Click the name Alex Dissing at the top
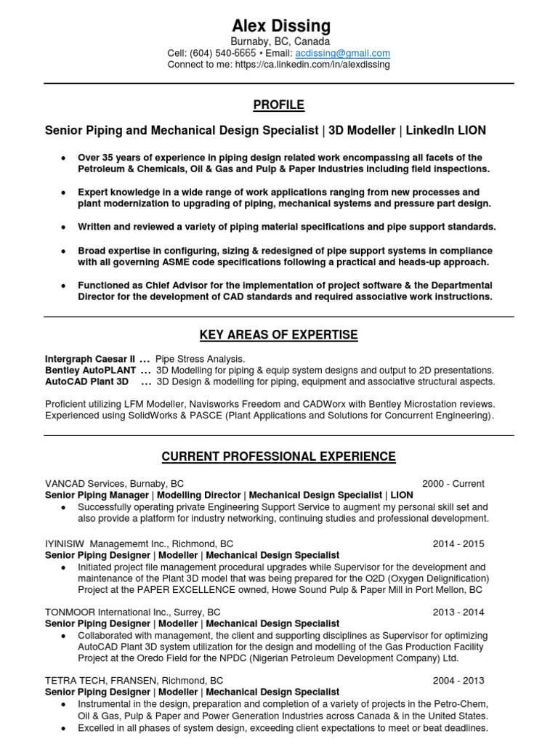coord(280,26)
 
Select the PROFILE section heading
coord(278,105)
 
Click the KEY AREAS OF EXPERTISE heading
coord(278,335)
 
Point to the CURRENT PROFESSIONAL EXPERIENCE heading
coord(278,457)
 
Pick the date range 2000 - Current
coord(453,484)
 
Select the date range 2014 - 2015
coord(458,543)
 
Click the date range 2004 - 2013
coord(458,681)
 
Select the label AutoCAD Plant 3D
coord(86,381)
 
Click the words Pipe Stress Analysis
coord(201,359)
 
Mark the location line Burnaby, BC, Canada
coord(280,42)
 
